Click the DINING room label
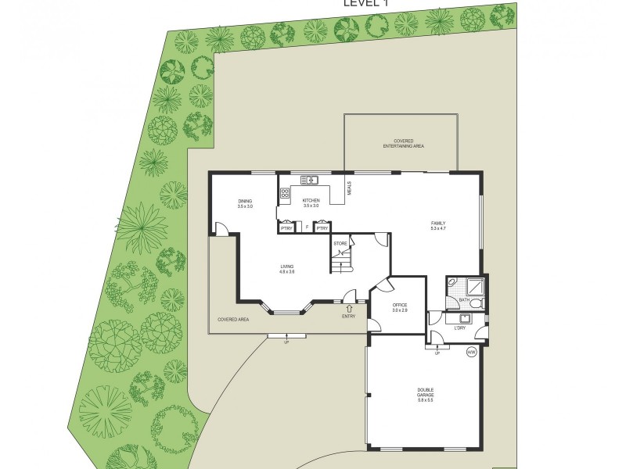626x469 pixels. [245, 203]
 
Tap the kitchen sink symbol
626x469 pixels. [309, 181]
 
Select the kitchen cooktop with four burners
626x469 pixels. [284, 195]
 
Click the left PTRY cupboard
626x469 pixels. [286, 227]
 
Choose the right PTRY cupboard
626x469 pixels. [322, 227]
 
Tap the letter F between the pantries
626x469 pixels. [307, 228]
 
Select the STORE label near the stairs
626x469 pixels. [340, 244]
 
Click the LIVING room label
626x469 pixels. [287, 269]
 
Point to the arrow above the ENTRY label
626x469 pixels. [348, 308]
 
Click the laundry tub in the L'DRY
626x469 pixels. [465, 317]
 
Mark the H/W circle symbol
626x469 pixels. [471, 353]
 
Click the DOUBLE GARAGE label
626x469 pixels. [425, 395]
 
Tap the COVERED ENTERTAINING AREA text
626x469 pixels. [403, 144]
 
